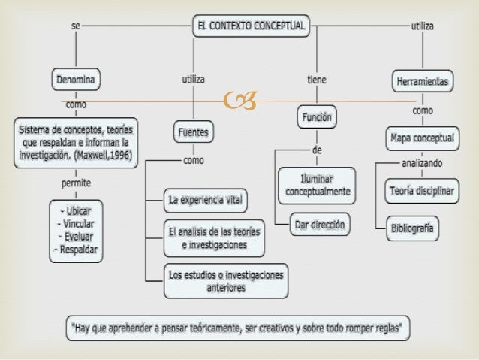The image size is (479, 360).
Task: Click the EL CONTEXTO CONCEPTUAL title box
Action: (251, 26)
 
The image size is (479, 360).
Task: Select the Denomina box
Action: (77, 78)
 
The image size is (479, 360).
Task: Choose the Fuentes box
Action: (193, 132)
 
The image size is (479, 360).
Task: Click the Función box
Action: (317, 117)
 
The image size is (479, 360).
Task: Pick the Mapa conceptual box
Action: (422, 138)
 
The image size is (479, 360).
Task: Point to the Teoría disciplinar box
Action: (421, 191)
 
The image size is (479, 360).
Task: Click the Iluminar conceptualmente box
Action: (317, 186)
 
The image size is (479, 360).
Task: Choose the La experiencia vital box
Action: (206, 199)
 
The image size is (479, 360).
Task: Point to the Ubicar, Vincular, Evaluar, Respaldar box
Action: (77, 228)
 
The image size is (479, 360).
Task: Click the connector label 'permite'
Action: (76, 182)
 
